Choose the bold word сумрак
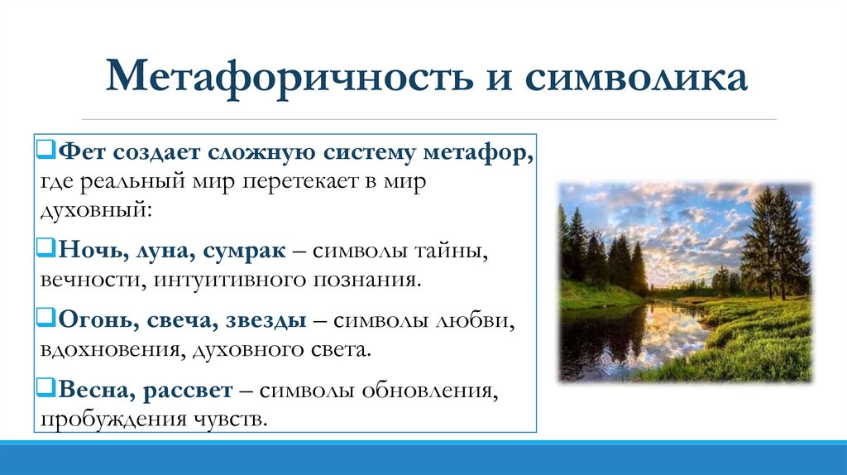click(x=240, y=250)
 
